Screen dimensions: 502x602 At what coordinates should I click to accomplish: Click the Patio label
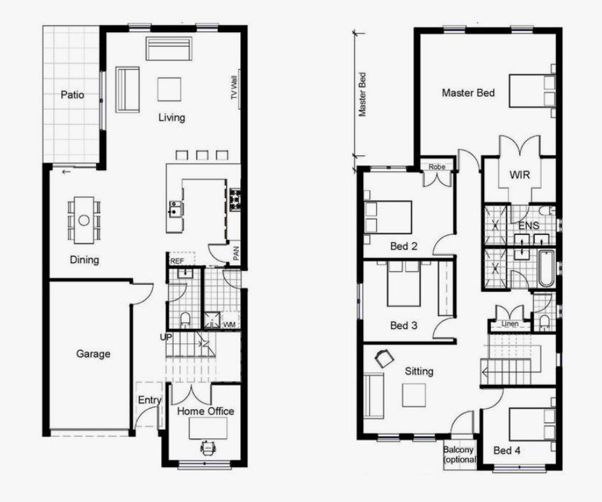[x=72, y=95]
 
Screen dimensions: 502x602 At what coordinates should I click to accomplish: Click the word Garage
[x=93, y=354]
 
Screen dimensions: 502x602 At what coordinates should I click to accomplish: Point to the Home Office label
[x=206, y=411]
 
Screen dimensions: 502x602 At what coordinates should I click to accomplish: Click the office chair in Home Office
[x=208, y=447]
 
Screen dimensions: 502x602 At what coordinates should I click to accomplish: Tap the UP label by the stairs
[x=165, y=337]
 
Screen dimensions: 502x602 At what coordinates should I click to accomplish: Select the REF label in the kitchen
[x=176, y=261]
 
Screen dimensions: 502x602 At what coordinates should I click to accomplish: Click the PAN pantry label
[x=236, y=253]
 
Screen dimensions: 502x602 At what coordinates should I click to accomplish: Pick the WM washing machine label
[x=229, y=325]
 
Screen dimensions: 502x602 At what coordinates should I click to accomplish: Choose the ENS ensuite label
[x=529, y=226]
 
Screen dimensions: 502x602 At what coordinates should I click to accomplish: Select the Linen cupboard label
[x=509, y=324]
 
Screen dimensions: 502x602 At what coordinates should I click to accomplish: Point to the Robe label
[x=437, y=167]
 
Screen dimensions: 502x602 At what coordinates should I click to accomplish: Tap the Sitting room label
[x=419, y=371]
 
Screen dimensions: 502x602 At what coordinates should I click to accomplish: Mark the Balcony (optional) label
[x=459, y=455]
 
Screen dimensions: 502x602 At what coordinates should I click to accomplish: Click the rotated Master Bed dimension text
[x=361, y=94]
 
